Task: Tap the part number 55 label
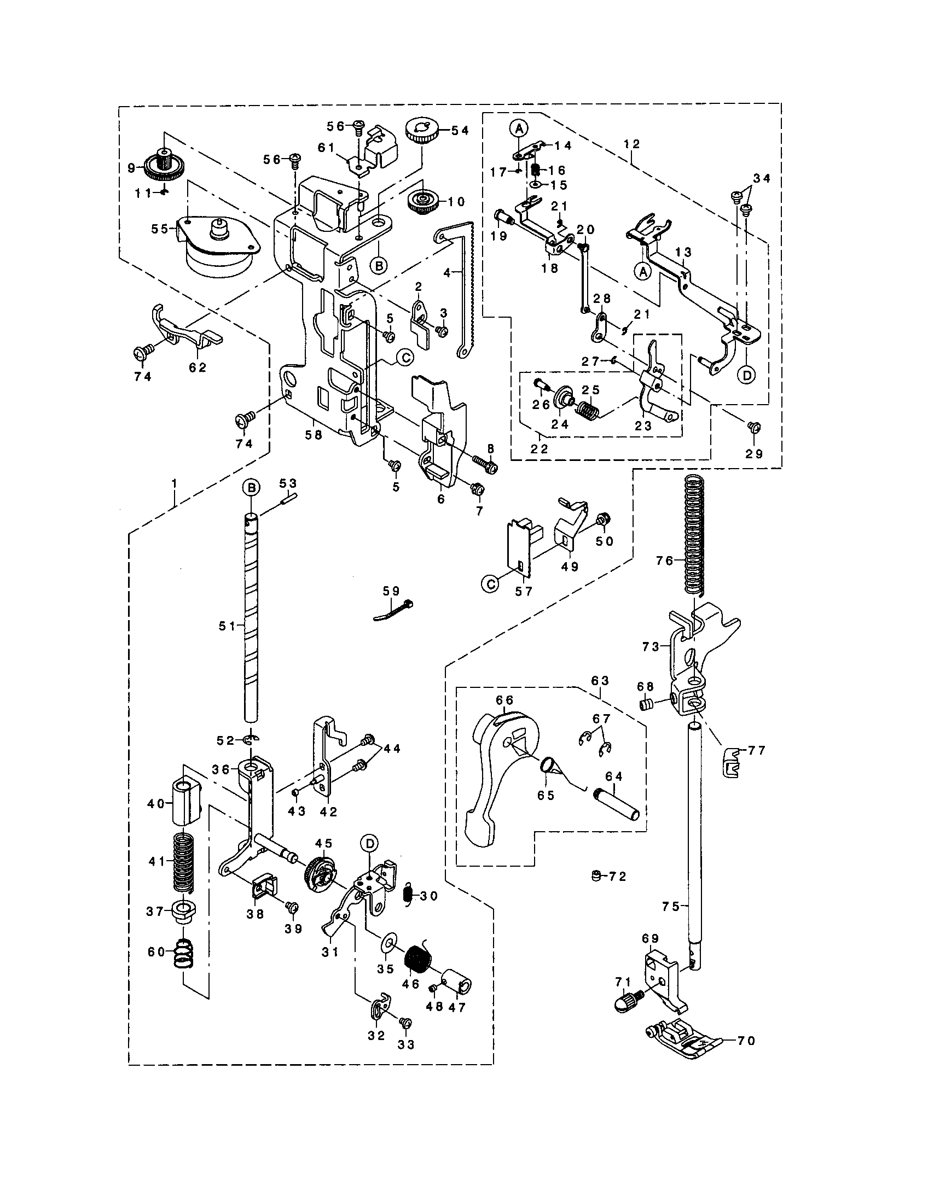pyautogui.click(x=159, y=229)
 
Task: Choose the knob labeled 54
pyautogui.click(x=421, y=130)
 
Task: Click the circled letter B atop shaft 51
pyautogui.click(x=251, y=488)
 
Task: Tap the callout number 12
pyautogui.click(x=632, y=144)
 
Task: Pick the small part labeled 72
pyautogui.click(x=595, y=875)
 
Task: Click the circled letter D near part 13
pyautogui.click(x=746, y=375)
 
